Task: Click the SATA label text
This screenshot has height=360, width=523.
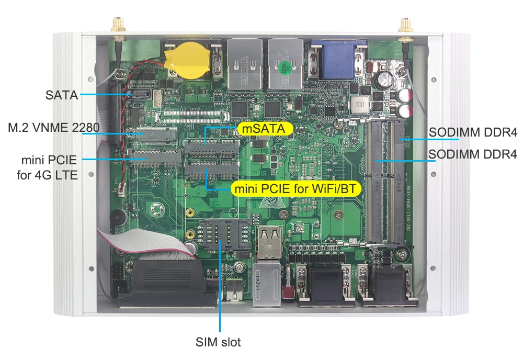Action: point(61,95)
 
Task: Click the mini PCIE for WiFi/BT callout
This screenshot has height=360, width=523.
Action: point(296,188)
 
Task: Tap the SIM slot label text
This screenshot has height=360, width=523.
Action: point(218,343)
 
